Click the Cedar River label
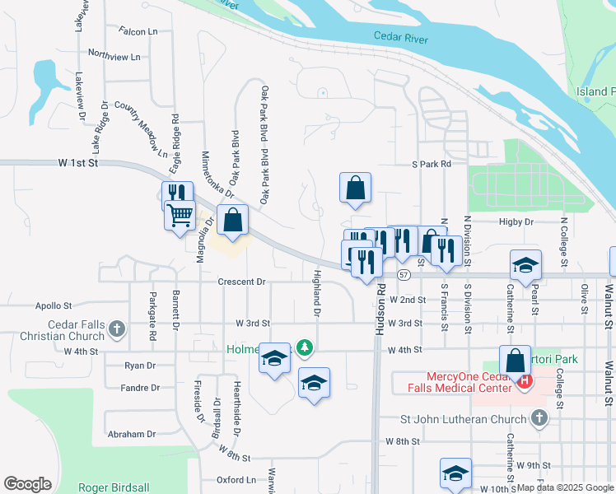pyautogui.click(x=400, y=36)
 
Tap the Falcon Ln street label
pyautogui.click(x=138, y=31)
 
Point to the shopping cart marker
pyautogui.click(x=180, y=216)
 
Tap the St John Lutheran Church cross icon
pyautogui.click(x=539, y=418)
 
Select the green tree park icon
pyautogui.click(x=305, y=348)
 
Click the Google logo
pyautogui.click(x=28, y=484)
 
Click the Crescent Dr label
pyautogui.click(x=241, y=282)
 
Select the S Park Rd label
pyautogui.click(x=432, y=164)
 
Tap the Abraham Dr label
pyautogui.click(x=131, y=434)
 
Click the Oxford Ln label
pyautogui.click(x=236, y=479)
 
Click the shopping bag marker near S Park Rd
pyautogui.click(x=355, y=188)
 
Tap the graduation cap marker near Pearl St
pyautogui.click(x=525, y=265)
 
